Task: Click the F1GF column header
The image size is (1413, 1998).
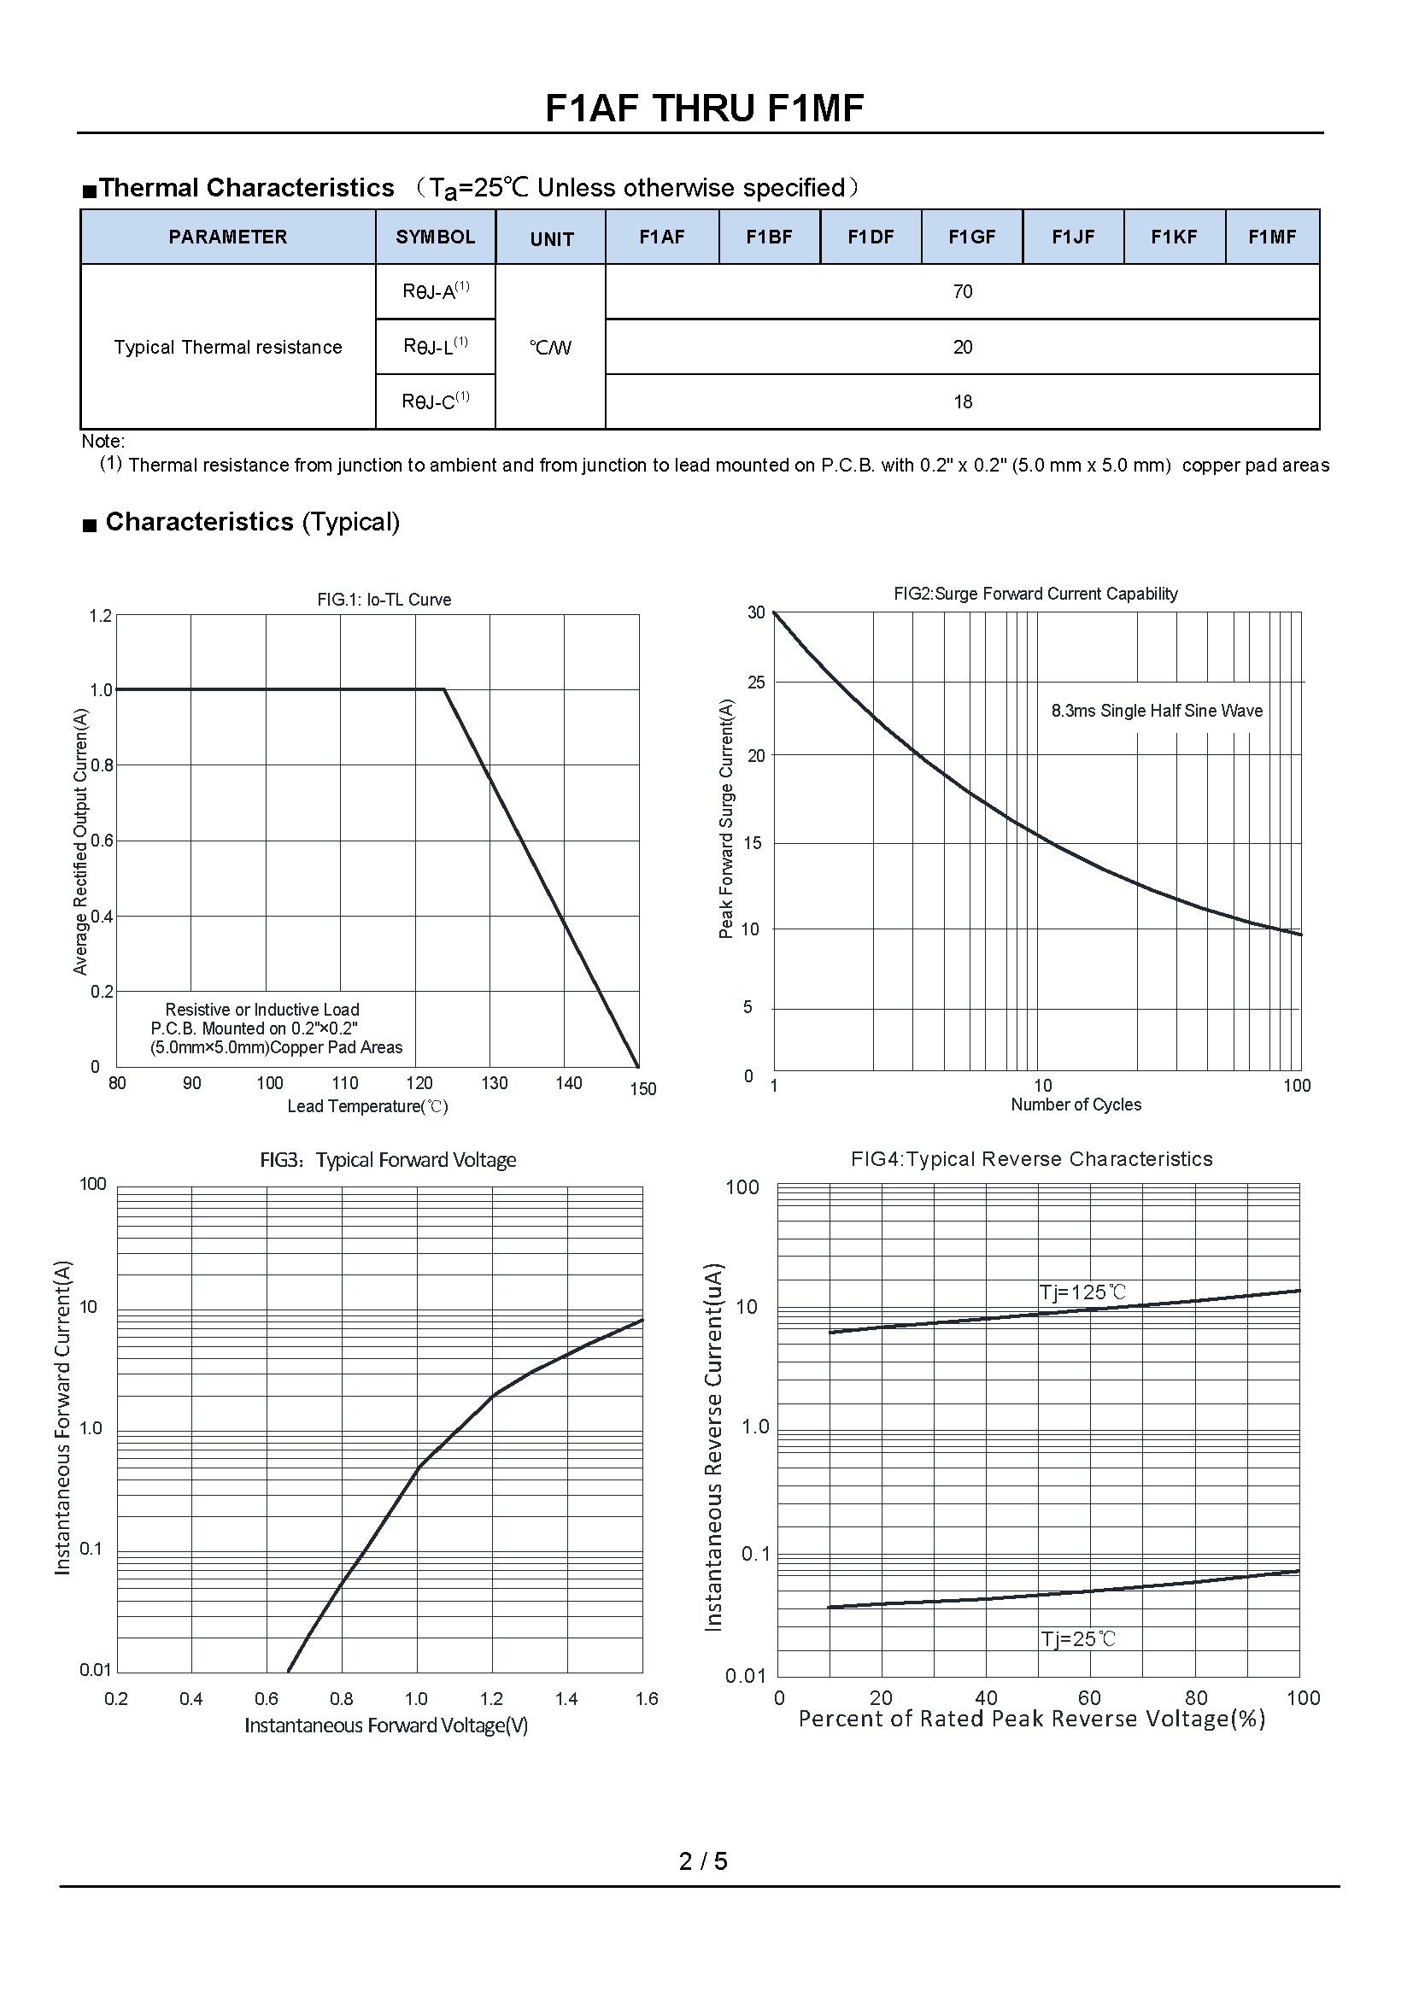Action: pyautogui.click(x=972, y=237)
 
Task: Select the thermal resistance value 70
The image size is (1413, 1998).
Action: pyautogui.click(x=962, y=291)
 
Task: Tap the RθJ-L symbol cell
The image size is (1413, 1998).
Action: pyautogui.click(x=435, y=346)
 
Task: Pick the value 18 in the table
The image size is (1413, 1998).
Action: pyautogui.click(x=962, y=402)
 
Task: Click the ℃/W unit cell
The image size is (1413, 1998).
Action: pyautogui.click(x=550, y=348)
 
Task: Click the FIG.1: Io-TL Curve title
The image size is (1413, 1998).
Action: pyautogui.click(x=384, y=600)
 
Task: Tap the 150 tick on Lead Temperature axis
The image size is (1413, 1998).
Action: pyautogui.click(x=643, y=1088)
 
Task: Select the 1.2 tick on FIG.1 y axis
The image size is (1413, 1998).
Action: pyautogui.click(x=101, y=616)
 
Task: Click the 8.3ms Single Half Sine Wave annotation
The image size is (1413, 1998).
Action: pyautogui.click(x=1157, y=711)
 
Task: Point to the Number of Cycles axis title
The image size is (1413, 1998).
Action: pyautogui.click(x=1076, y=1104)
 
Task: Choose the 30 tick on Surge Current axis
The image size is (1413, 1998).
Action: pyautogui.click(x=756, y=612)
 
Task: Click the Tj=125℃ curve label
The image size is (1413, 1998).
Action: pyautogui.click(x=1082, y=1292)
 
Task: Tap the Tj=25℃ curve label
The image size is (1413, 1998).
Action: pyautogui.click(x=1078, y=1639)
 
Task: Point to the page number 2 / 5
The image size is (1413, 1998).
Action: pyautogui.click(x=703, y=1860)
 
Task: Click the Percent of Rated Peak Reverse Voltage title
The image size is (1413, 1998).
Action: pyautogui.click(x=1031, y=1719)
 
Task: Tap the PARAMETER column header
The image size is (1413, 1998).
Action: pyautogui.click(x=228, y=237)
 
